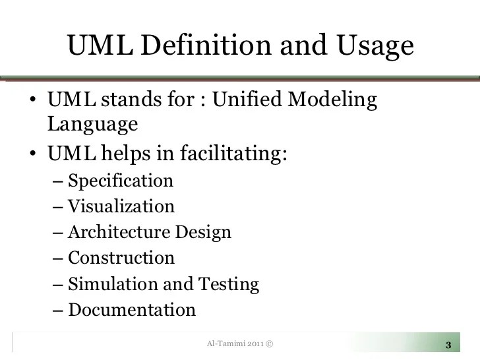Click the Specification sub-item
click(121, 181)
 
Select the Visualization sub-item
click(121, 206)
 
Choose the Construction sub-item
click(121, 258)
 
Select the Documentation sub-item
click(132, 310)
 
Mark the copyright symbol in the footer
click(270, 344)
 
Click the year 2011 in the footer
click(256, 344)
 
